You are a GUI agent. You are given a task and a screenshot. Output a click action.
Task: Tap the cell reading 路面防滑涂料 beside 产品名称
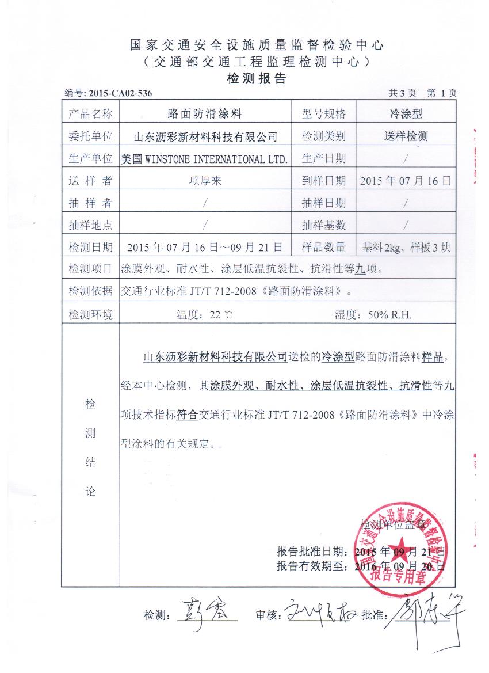pos(204,114)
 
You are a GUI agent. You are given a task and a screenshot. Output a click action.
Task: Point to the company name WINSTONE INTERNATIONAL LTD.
pos(218,158)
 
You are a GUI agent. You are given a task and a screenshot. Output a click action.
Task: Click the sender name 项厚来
pos(205,181)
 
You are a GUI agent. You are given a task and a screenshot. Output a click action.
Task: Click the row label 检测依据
pos(90,291)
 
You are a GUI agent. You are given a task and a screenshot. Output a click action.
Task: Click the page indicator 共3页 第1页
pos(423,93)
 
